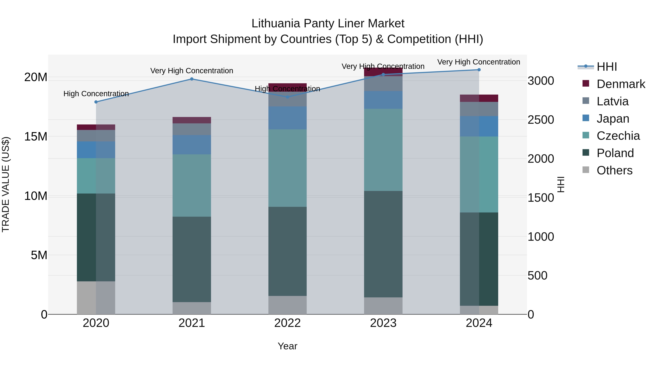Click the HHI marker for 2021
(192, 79)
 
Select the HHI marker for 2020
(96, 102)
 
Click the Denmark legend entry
(621, 84)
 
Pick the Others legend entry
(614, 170)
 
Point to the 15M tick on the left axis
(36, 137)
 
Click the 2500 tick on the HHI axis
(540, 120)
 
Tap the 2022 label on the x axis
(288, 323)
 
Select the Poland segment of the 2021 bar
(192, 259)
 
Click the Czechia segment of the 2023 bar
(383, 150)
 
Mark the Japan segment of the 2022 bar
(288, 118)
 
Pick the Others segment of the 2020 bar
(96, 298)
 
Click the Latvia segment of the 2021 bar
(192, 129)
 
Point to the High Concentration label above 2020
(96, 94)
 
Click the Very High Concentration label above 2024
(479, 62)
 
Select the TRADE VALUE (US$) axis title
(6, 184)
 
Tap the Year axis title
(288, 346)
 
